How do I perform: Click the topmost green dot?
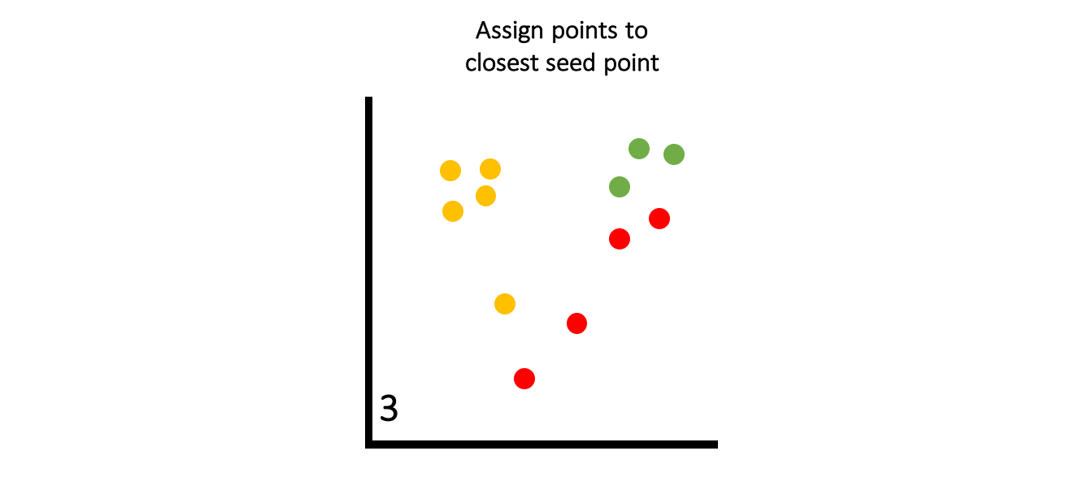[639, 149]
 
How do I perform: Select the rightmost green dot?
[674, 154]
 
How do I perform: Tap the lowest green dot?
[620, 187]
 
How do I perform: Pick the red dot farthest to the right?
[659, 219]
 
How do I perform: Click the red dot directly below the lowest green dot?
[620, 239]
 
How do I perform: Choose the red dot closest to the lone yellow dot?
[576, 323]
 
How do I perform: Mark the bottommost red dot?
[524, 379]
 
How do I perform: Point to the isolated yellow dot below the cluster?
[505, 304]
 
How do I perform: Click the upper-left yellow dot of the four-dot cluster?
[450, 171]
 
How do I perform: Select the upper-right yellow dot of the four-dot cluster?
[490, 169]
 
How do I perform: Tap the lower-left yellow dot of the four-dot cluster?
[453, 211]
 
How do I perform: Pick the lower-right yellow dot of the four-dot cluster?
[485, 196]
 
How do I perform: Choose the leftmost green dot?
[620, 187]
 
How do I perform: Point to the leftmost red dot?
[524, 379]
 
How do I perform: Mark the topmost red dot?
[659, 219]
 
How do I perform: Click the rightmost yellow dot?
[505, 304]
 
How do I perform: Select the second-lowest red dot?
[576, 323]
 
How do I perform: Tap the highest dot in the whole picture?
[639, 149]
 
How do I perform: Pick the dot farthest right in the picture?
[674, 154]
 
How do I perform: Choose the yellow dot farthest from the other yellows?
[505, 304]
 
